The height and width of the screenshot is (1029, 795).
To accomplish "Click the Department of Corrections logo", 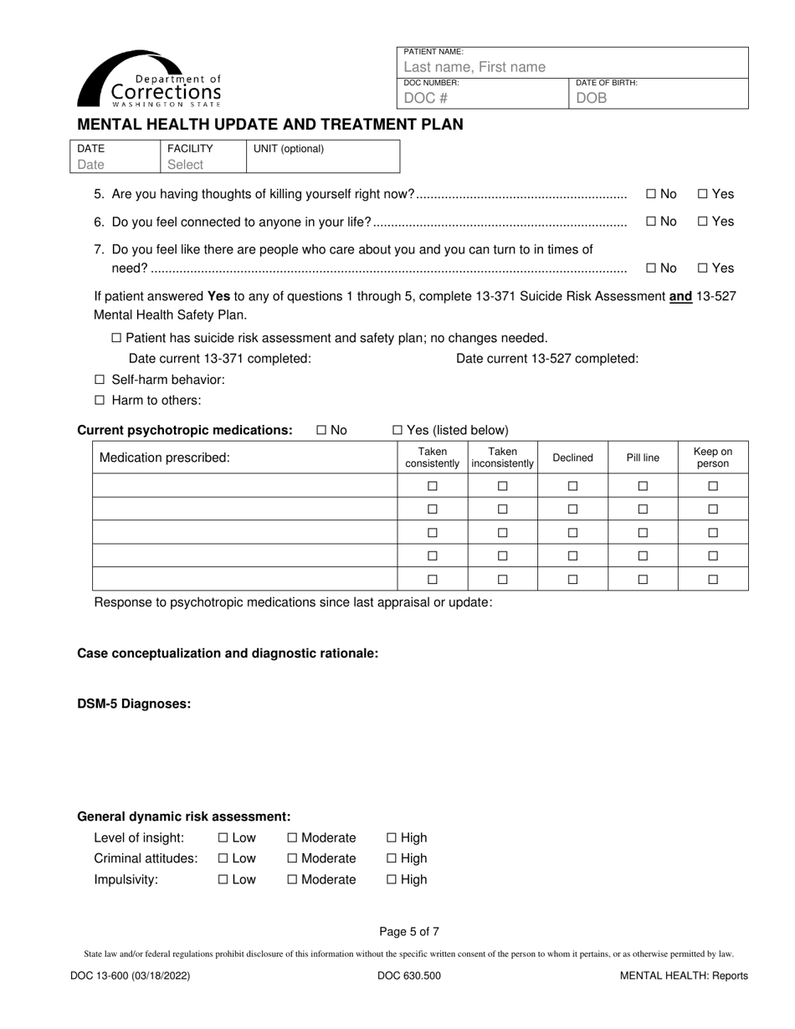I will coord(150,79).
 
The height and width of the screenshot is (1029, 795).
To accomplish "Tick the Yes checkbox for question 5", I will coord(703,194).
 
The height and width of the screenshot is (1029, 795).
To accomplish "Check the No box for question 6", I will coord(651,222).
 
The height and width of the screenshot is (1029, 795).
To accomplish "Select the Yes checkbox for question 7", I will coord(703,269).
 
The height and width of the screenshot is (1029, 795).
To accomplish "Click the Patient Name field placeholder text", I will coord(474,67).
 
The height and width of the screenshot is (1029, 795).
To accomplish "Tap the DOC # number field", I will coord(426,98).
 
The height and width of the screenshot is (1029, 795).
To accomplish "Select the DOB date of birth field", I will coord(591,98).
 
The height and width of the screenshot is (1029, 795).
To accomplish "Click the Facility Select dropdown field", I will coord(185,165).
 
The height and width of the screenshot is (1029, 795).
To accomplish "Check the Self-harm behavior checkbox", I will coord(100,380).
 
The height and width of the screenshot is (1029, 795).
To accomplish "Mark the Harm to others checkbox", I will coord(100,401).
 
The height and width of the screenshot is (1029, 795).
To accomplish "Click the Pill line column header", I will coord(643,458).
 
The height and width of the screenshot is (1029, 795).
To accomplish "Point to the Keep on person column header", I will coord(713,458).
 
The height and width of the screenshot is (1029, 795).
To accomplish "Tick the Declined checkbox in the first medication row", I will coord(573,486).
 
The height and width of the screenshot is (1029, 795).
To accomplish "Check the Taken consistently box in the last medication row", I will coord(433,580).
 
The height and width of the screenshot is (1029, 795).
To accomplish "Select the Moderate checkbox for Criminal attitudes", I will coord(292,859).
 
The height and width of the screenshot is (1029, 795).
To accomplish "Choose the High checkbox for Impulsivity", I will coord(392,880).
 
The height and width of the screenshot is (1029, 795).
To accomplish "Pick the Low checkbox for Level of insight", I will coord(223,838).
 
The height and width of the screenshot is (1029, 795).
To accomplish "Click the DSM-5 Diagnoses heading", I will coord(134,704).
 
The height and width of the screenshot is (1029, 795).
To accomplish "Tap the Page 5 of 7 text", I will coord(408,931).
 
